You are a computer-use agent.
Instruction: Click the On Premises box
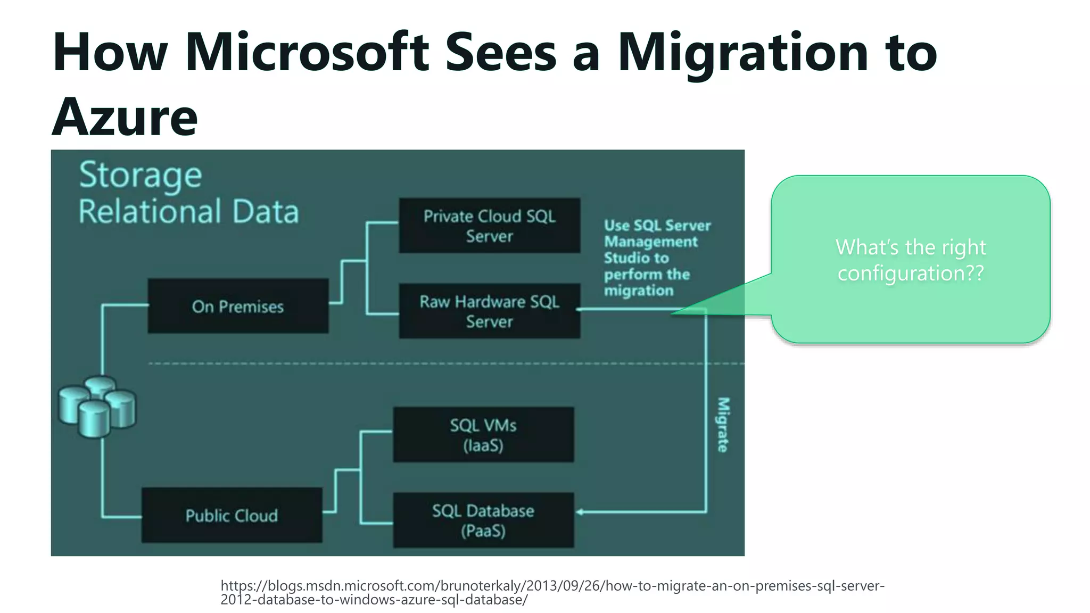click(238, 306)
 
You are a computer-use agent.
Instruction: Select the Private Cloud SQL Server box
click(489, 226)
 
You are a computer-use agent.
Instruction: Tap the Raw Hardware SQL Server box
click(489, 311)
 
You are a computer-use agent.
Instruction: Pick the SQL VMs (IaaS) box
click(483, 435)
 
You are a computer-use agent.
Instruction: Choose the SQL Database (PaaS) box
click(483, 520)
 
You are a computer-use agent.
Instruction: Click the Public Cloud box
click(232, 515)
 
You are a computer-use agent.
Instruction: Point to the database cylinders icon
click(97, 407)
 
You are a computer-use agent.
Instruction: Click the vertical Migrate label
click(723, 425)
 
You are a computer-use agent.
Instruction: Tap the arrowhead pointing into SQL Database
click(580, 512)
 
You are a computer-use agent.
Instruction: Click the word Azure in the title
click(125, 117)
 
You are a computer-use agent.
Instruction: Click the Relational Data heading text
click(189, 211)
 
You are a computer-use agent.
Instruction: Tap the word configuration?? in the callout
click(911, 274)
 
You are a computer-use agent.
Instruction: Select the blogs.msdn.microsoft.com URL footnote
click(552, 592)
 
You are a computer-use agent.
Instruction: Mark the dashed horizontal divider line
click(426, 363)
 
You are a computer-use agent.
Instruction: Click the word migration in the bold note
click(639, 291)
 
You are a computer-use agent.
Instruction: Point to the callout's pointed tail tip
click(672, 313)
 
